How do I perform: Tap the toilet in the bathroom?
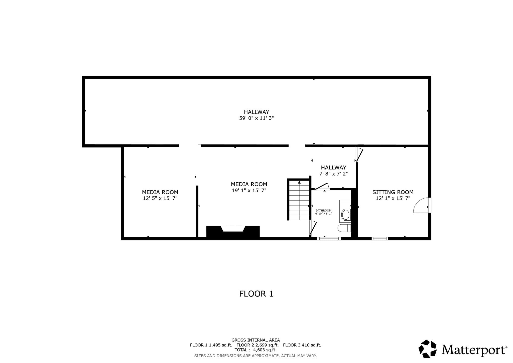tap(344, 228)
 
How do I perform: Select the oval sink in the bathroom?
tap(346, 215)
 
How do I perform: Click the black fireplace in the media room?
tap(233, 231)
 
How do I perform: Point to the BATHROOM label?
tap(323, 211)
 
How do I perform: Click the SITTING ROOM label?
tap(393, 192)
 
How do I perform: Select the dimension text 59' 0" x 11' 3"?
tap(256, 118)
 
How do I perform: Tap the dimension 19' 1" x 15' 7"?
tap(249, 191)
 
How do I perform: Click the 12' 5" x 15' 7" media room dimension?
tap(160, 198)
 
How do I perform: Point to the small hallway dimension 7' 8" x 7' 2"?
tap(334, 173)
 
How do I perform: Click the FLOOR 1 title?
tap(256, 294)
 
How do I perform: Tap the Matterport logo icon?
tap(428, 348)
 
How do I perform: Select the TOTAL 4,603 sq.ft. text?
tap(255, 350)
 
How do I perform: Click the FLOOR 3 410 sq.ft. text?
tap(302, 345)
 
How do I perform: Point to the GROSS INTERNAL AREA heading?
tap(255, 340)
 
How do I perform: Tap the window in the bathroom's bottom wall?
tap(329, 239)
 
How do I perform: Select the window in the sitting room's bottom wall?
tap(380, 239)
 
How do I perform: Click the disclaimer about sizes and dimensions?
tap(255, 356)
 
